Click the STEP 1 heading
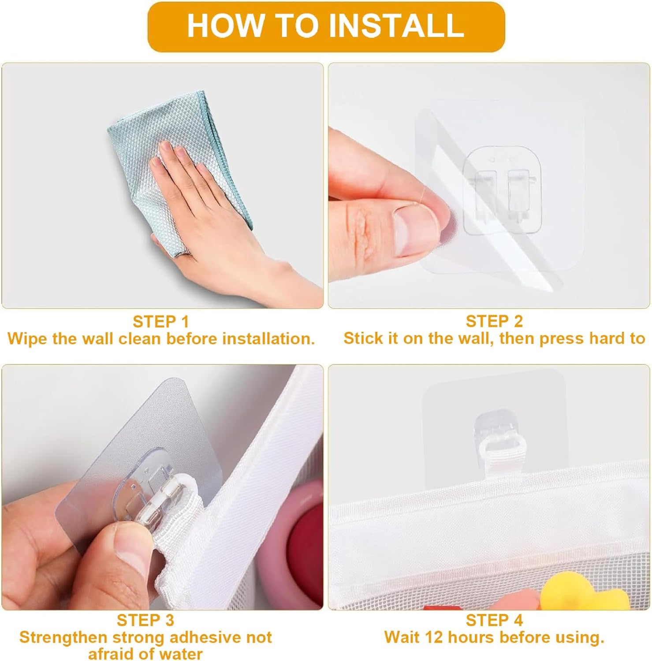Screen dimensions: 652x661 (x=161, y=321)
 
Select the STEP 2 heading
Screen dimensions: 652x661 (x=494, y=321)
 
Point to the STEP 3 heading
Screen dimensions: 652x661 (x=145, y=620)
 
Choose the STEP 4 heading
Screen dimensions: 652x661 (x=494, y=620)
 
